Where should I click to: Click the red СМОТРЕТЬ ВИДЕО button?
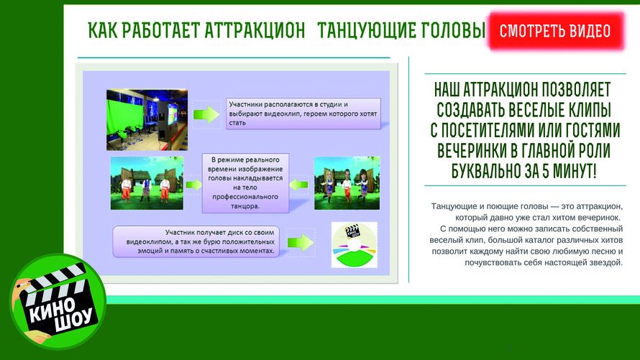point(556,31)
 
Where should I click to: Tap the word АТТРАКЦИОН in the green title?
point(255,30)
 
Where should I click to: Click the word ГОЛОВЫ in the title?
point(454,30)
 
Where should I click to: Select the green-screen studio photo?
point(147,120)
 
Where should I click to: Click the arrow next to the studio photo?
point(206,114)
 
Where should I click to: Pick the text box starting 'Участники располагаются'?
point(303,114)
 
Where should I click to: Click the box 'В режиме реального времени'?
point(245,183)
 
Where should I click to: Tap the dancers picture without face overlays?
point(147,183)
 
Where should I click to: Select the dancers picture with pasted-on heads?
point(347,183)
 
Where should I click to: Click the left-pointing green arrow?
point(298,185)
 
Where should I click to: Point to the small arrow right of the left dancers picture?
point(194,185)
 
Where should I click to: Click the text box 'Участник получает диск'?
point(196,241)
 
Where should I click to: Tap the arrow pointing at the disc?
point(301,243)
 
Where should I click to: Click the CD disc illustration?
point(355,245)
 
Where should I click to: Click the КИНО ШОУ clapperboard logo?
point(58,302)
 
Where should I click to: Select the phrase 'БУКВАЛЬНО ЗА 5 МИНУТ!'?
point(524,170)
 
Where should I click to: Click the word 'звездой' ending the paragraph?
point(605,262)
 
